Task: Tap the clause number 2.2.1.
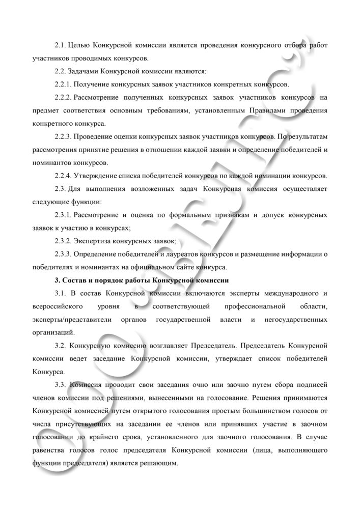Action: tap(64, 83)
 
